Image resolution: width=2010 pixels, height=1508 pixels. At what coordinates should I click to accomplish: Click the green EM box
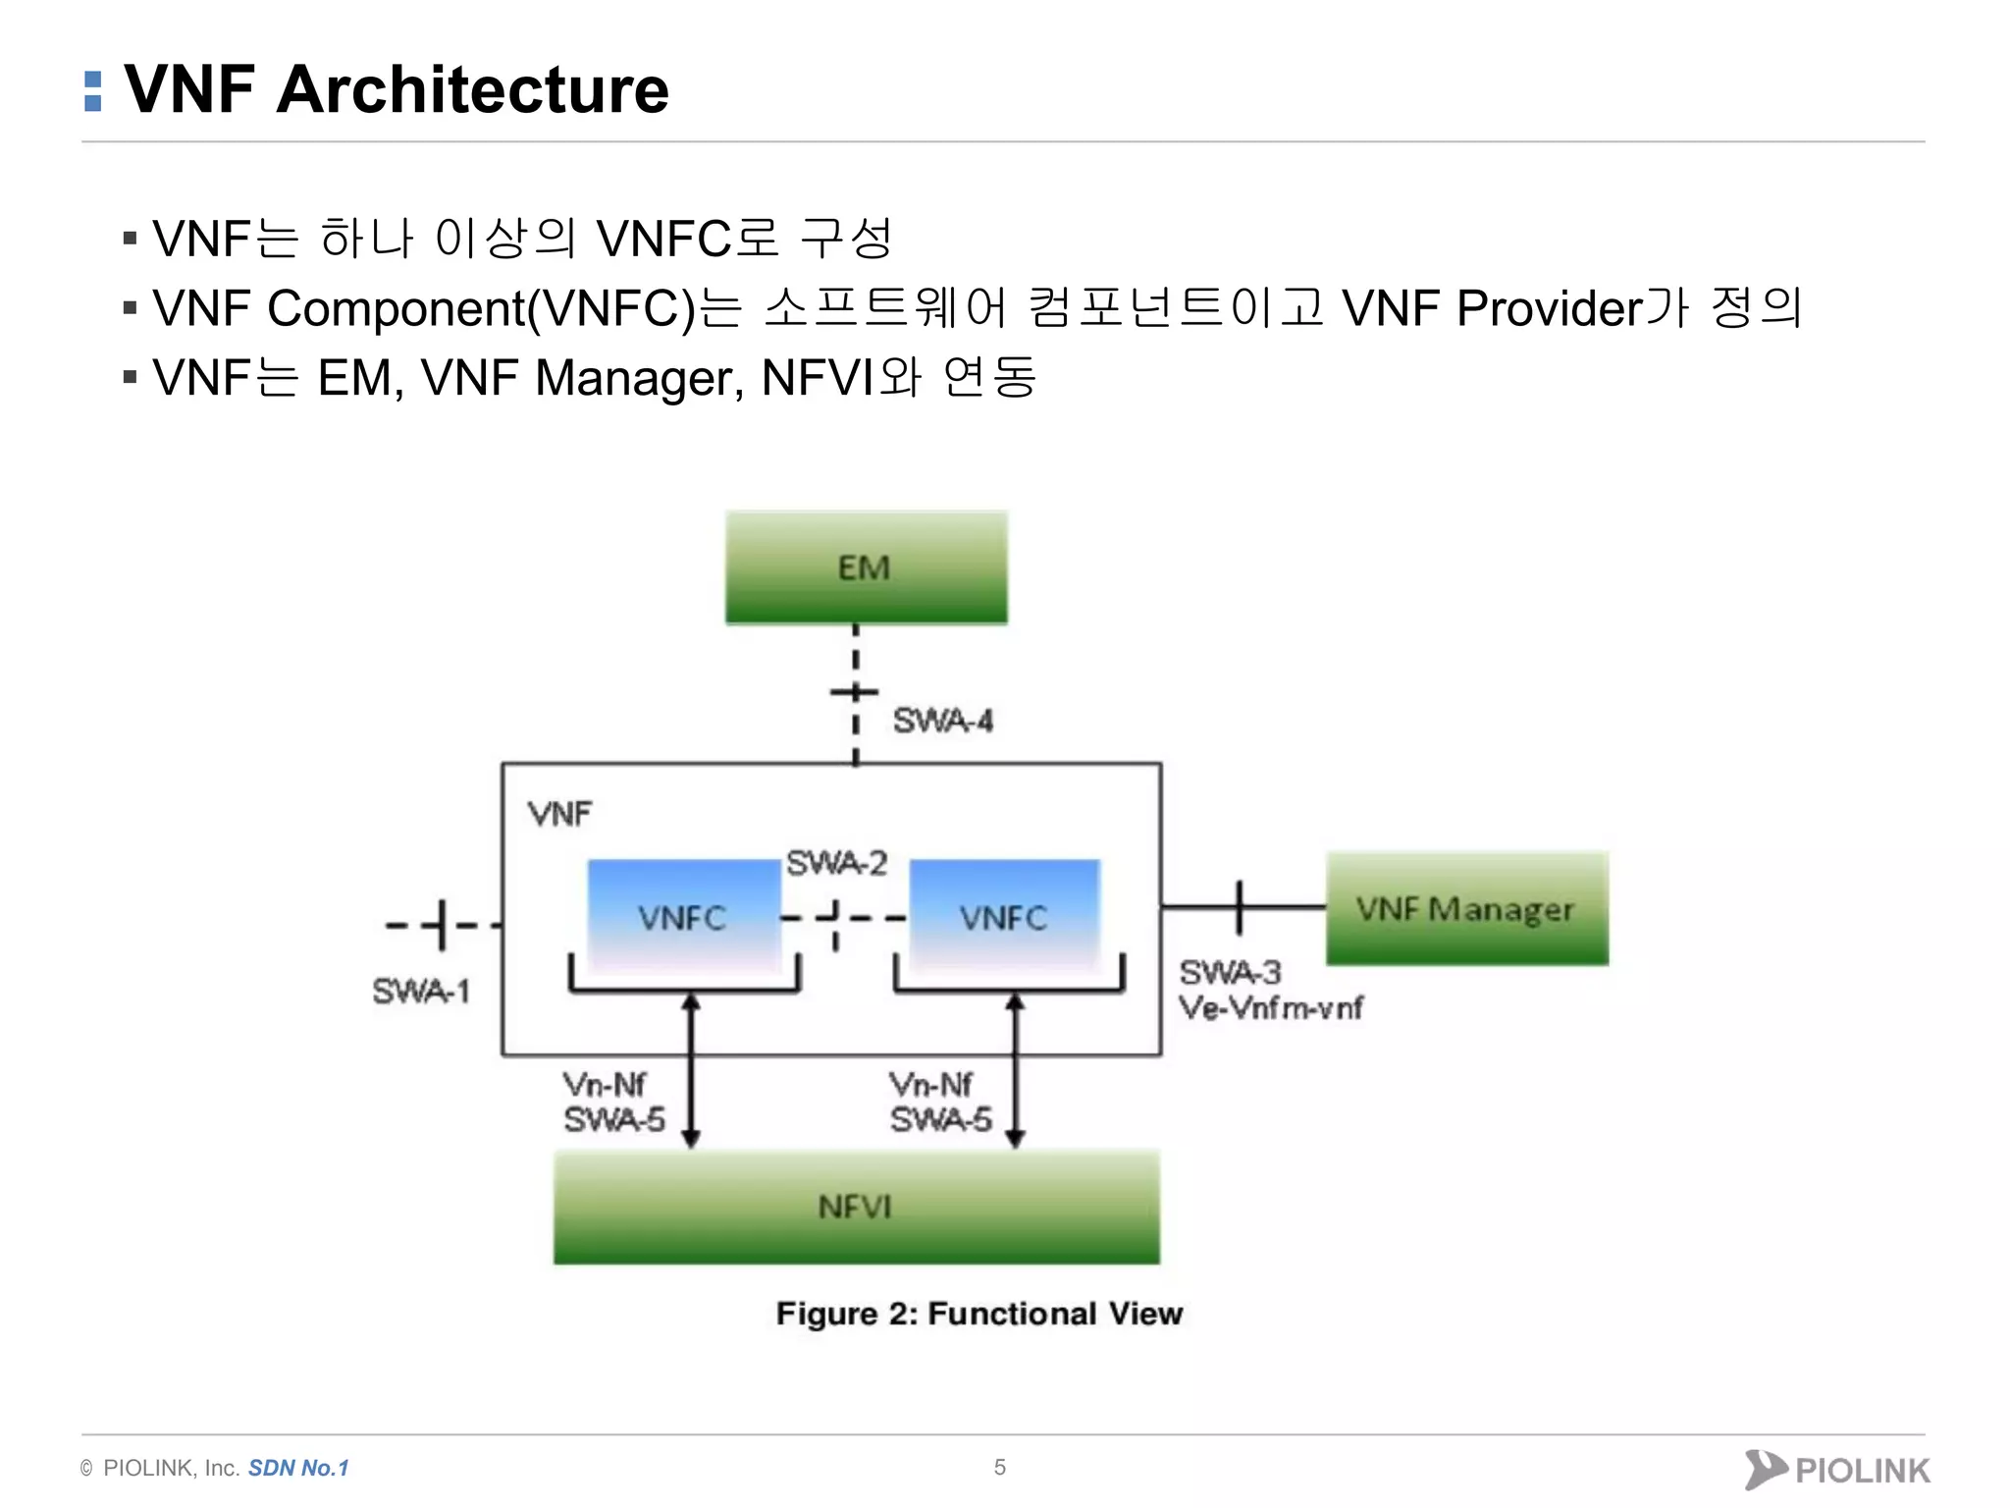coord(866,567)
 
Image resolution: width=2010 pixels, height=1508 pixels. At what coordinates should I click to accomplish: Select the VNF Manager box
coord(1466,909)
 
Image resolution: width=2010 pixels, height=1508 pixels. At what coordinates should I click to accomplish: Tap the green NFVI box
coord(856,1207)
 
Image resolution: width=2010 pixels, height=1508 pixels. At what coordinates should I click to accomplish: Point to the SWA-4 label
coord(942,722)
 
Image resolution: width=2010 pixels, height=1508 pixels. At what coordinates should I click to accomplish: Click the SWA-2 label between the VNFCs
coord(836,863)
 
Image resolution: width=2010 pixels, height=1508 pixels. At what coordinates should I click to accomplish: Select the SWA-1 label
coord(421,992)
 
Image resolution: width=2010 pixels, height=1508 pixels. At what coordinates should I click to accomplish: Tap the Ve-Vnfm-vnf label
coord(1271,1008)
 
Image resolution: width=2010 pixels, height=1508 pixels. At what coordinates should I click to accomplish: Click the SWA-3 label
coord(1230,972)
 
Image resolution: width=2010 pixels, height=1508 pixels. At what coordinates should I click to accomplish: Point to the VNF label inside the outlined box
coord(559,814)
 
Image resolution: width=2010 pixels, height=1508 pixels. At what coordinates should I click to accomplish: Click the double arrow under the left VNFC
coord(691,1070)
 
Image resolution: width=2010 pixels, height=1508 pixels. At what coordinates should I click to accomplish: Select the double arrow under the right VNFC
coord(1015,1070)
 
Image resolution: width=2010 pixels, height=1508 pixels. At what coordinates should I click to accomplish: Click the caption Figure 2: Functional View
coord(979,1314)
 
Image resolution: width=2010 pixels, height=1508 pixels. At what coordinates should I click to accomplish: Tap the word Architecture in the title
coord(472,89)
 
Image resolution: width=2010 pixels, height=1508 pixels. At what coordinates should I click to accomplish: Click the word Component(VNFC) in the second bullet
coord(481,308)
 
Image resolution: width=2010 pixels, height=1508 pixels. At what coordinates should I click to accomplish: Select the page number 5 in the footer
coord(999,1467)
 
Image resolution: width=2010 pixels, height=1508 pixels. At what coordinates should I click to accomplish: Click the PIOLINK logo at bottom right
coord(1837,1470)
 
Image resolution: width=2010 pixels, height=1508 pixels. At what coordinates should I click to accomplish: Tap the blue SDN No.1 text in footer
coord(298,1468)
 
